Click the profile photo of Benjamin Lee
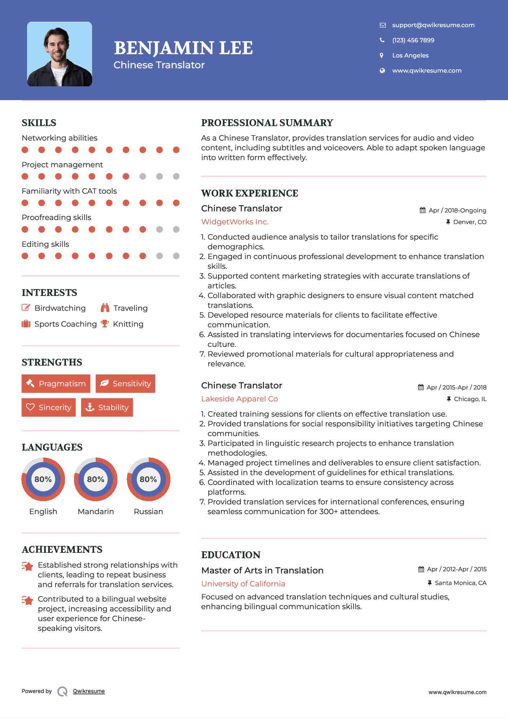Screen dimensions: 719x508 point(60,54)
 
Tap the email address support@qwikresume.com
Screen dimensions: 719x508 point(433,25)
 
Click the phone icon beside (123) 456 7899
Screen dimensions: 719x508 point(382,40)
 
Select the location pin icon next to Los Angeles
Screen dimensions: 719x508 point(382,55)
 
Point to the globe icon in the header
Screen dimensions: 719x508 point(382,70)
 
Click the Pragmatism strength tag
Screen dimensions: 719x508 point(56,383)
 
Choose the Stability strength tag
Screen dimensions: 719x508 point(107,407)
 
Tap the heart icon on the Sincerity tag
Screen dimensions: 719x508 point(30,407)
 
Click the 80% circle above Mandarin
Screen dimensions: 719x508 point(96,479)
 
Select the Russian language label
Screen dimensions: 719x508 point(148,511)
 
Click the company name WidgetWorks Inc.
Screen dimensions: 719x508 point(235,222)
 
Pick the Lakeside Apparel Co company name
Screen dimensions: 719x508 point(239,399)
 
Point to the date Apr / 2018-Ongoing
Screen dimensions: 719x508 point(457,210)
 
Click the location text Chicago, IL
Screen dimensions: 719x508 point(470,399)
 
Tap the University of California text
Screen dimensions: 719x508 point(243,584)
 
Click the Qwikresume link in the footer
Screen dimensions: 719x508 point(89,691)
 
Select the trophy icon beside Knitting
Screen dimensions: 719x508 point(105,324)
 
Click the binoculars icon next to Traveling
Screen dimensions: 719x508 point(105,308)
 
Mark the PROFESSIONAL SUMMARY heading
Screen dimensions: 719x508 point(267,123)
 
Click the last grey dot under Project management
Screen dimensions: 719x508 point(176,176)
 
